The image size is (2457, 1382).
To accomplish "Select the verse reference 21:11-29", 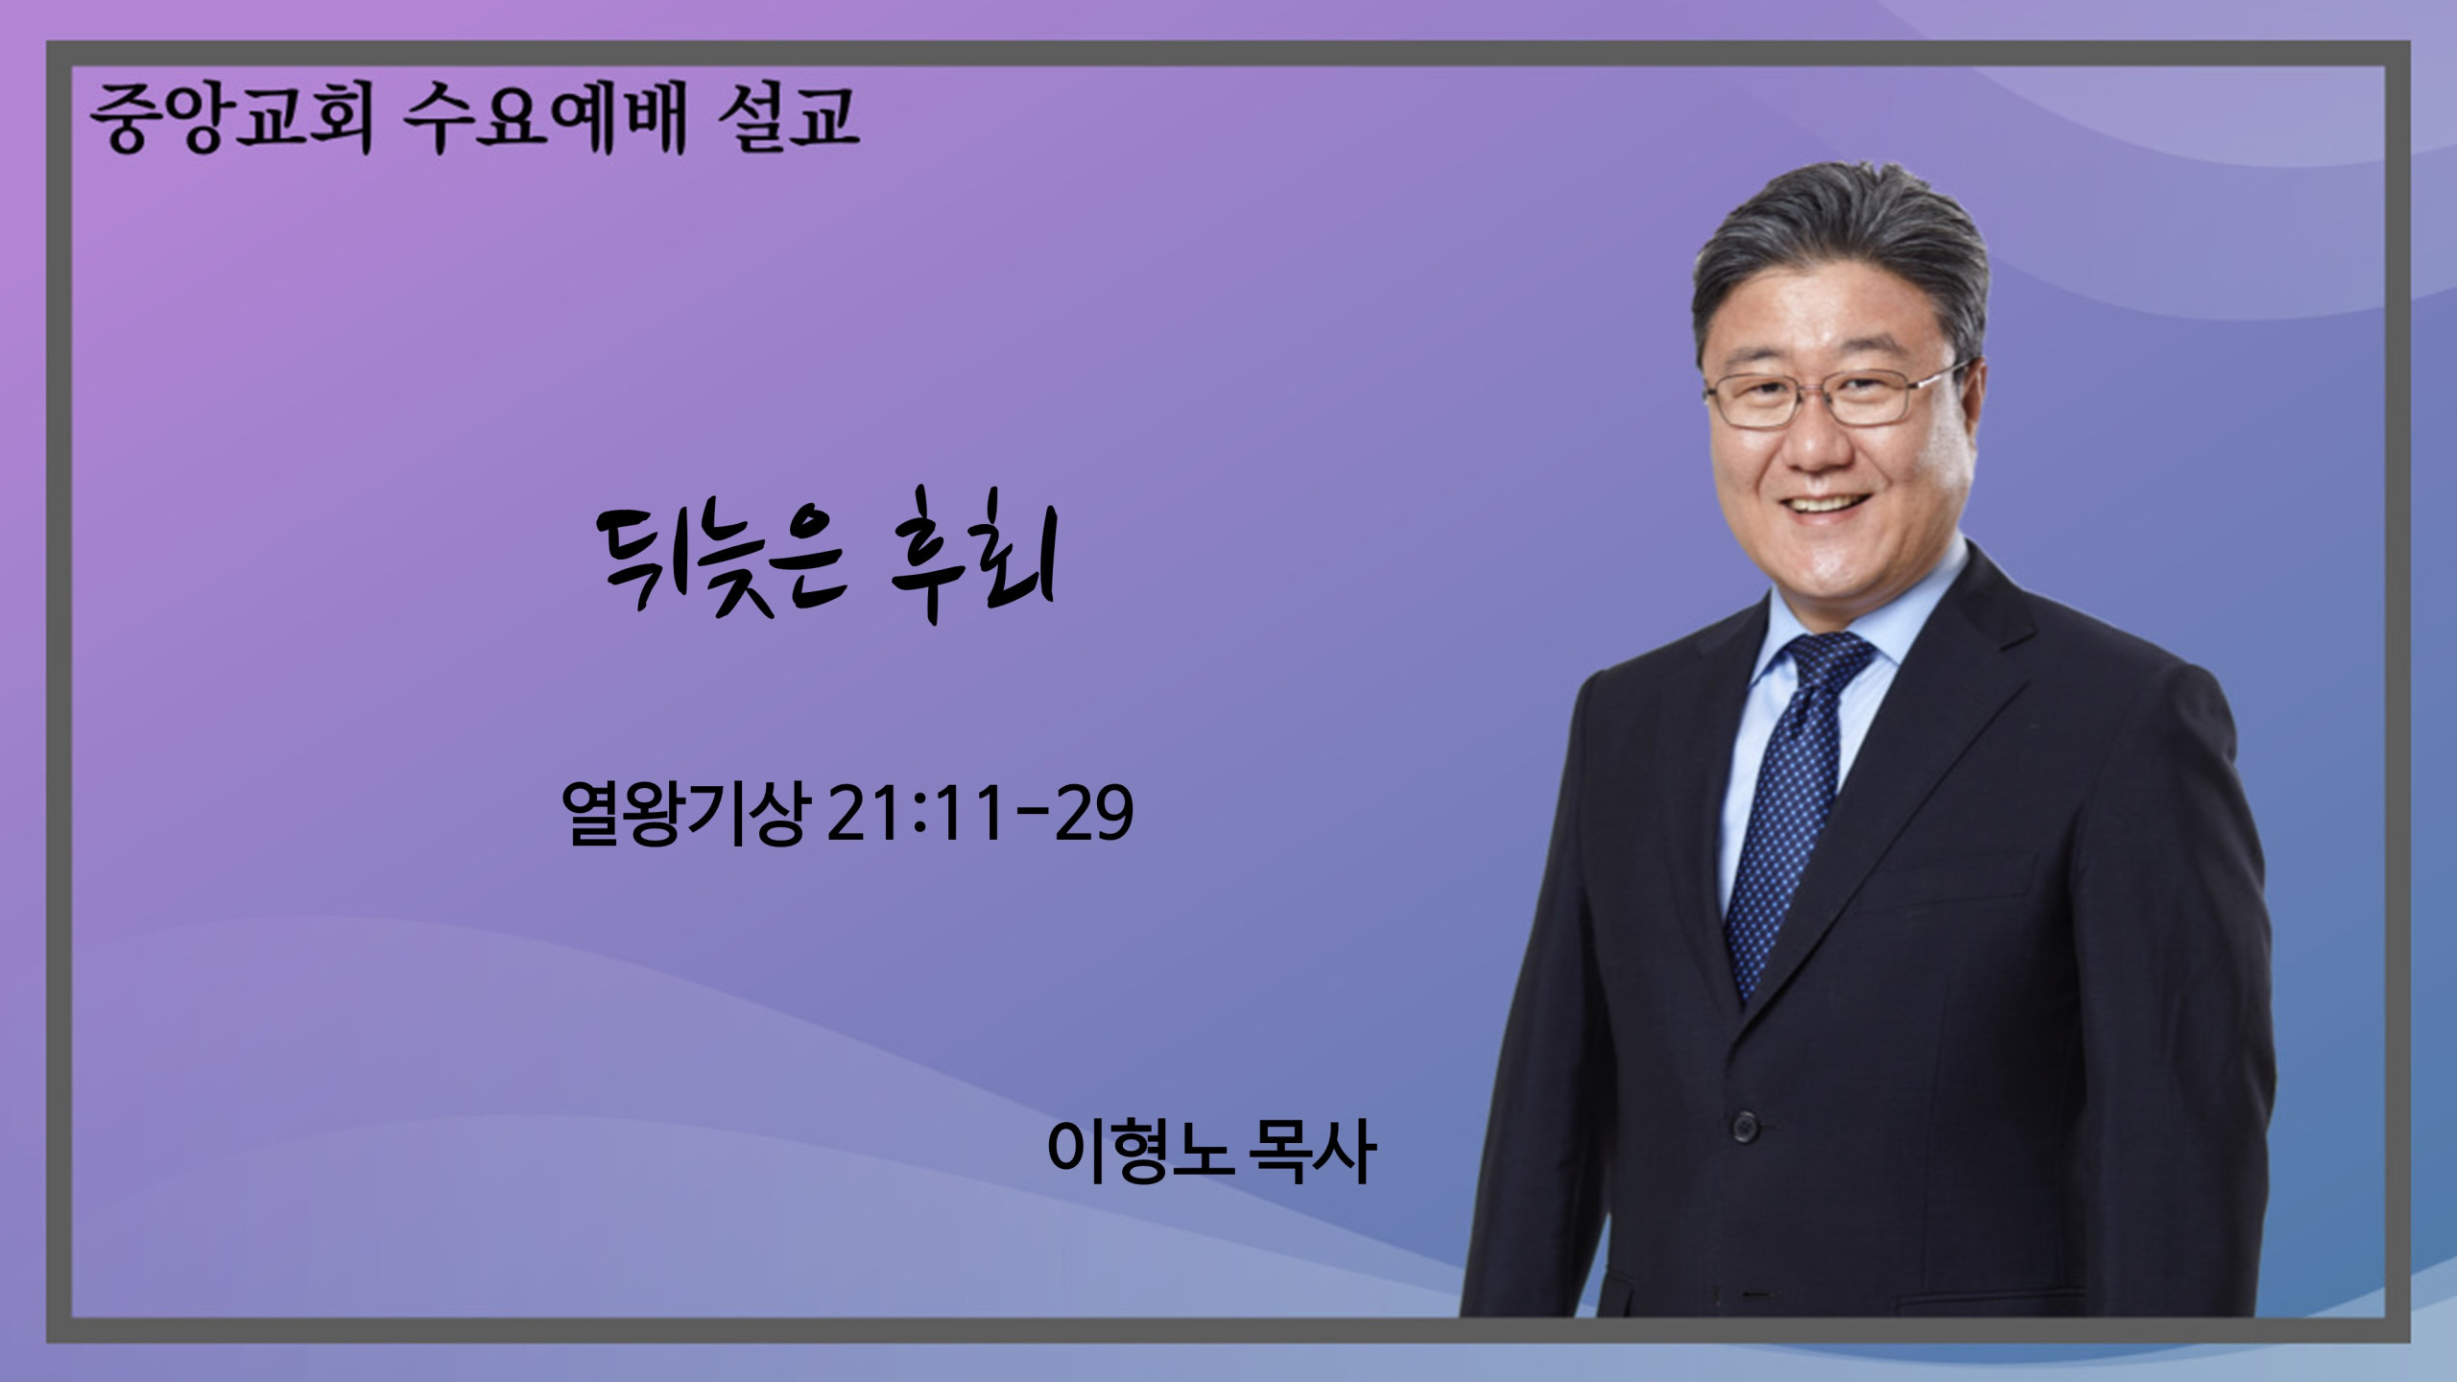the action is point(979,813).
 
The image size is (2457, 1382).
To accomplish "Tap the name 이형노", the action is point(1138,1152).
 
